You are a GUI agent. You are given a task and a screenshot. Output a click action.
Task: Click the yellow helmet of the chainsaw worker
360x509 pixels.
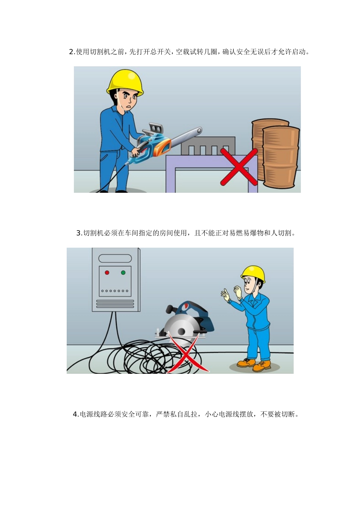(x=125, y=81)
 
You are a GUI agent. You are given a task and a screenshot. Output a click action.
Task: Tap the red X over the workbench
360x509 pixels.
(x=239, y=167)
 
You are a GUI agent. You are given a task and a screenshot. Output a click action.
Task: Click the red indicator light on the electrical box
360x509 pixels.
(x=107, y=273)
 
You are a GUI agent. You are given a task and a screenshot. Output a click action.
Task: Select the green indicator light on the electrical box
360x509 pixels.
(x=123, y=273)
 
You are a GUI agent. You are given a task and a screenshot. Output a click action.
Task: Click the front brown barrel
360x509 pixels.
(x=281, y=157)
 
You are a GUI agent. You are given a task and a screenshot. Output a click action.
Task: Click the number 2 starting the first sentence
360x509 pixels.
(x=71, y=52)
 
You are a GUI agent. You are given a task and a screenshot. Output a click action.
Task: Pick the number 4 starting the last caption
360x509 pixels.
(x=75, y=414)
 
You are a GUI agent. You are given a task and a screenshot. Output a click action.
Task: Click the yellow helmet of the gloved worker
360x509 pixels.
(x=253, y=273)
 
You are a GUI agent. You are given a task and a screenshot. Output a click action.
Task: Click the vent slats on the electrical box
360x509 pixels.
(x=115, y=304)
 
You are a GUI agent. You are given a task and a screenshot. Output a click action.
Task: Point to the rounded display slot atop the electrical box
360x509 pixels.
(x=115, y=258)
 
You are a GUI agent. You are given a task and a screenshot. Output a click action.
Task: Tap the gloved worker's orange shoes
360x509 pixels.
(x=254, y=364)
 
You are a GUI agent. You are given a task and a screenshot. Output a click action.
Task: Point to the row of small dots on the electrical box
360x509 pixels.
(x=115, y=291)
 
